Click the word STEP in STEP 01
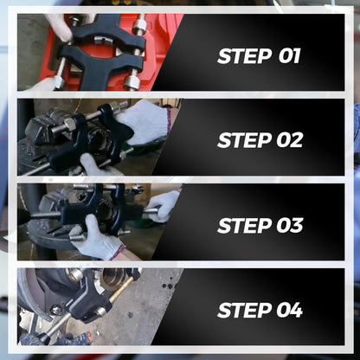coord(244,56)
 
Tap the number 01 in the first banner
coord(289,56)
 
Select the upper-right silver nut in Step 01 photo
coord(138,27)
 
